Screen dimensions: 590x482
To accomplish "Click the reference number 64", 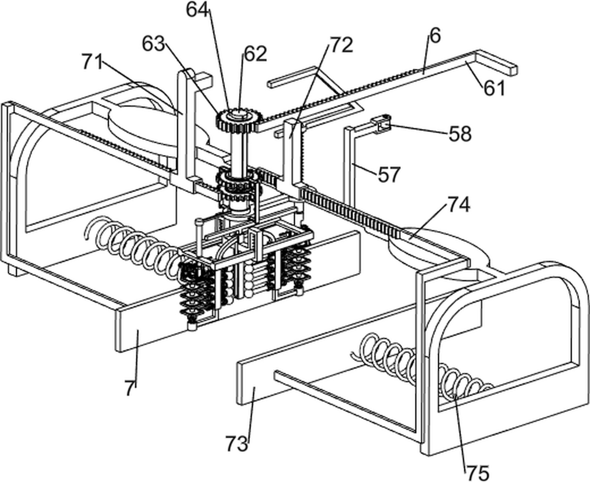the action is [x=197, y=10].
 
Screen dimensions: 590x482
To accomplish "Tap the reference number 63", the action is [x=153, y=44].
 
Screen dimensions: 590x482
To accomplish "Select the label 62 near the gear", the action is [x=256, y=54].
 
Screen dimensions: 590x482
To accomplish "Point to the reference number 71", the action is [x=93, y=61].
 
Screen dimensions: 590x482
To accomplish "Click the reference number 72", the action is [x=341, y=45].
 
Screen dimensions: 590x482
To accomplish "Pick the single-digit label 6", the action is [x=435, y=35].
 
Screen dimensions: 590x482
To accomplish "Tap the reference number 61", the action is [x=495, y=88].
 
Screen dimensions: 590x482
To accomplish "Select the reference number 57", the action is [x=389, y=174].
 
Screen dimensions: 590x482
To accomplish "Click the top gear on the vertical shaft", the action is [x=240, y=120].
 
